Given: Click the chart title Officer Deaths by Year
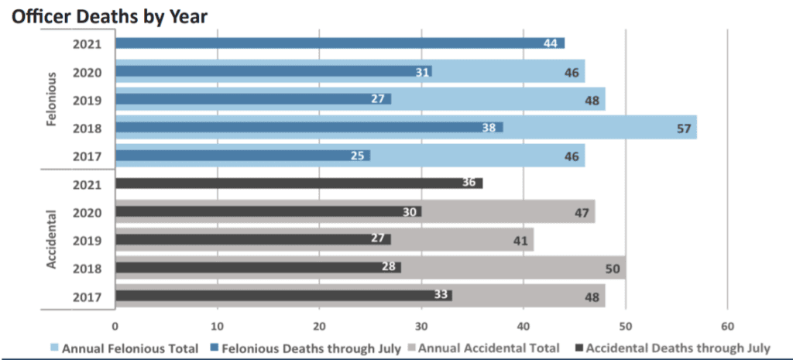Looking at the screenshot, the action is coord(110,17).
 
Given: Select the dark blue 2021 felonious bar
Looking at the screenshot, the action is coord(340,43).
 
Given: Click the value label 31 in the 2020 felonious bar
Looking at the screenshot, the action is coord(423,72).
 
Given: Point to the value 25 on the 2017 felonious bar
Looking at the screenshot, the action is coord(358,156).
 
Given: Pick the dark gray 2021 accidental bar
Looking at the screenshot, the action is coord(299,183).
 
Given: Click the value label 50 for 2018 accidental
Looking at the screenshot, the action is coord(613,269).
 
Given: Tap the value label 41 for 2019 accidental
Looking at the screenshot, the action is coord(520,241).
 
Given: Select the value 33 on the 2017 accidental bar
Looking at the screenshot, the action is coord(441,295).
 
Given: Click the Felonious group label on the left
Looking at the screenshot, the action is coord(52,99).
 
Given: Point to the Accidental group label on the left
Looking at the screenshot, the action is coord(52,239).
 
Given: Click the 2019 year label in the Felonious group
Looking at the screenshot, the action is coord(88,101).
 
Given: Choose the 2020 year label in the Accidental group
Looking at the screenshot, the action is coord(88,212).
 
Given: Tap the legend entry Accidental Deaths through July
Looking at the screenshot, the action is coord(672,348).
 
